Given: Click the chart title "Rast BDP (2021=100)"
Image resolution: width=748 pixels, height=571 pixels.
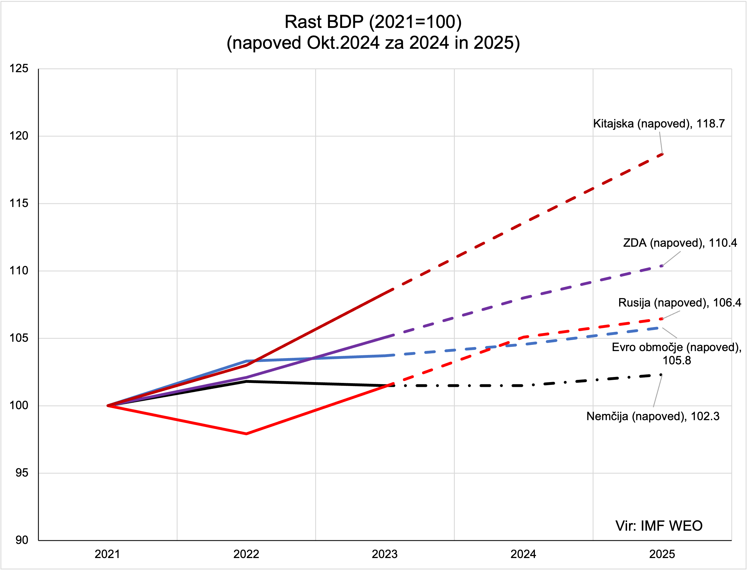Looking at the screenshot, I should (x=373, y=22).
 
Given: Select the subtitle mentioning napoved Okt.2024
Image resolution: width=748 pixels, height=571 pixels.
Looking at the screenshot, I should (x=373, y=43).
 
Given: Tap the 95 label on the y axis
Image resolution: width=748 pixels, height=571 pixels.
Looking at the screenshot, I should (x=22, y=473).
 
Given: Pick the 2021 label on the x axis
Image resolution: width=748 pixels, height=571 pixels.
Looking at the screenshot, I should (x=107, y=554).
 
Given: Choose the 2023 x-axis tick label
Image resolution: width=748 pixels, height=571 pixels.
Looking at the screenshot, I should (x=384, y=554).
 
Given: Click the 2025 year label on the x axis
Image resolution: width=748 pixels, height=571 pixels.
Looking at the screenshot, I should (x=662, y=554).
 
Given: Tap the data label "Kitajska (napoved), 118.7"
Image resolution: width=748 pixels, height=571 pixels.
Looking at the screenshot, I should (x=659, y=124).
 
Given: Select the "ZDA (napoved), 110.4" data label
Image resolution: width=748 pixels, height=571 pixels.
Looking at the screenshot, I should (x=680, y=243).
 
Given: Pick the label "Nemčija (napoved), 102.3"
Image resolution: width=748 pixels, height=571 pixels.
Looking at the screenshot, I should (x=652, y=416).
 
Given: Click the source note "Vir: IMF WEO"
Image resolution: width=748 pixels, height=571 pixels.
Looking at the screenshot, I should (x=659, y=526).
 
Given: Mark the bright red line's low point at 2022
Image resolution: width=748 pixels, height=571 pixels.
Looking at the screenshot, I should (x=246, y=434).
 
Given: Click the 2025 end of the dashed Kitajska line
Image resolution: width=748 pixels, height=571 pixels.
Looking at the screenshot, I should (x=662, y=154).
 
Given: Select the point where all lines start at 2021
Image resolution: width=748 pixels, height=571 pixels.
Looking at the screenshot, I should (x=108, y=405).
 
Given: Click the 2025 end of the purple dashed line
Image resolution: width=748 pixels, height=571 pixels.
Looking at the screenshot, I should (x=662, y=266).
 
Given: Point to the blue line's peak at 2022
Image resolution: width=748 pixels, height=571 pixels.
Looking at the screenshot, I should (x=246, y=361).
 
